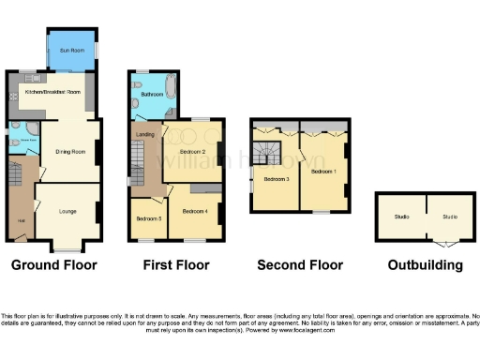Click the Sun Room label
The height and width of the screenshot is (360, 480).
click(70, 49)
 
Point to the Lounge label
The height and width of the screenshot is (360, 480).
click(67, 211)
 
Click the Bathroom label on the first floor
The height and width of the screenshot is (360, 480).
click(153, 95)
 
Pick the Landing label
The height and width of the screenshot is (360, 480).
click(145, 135)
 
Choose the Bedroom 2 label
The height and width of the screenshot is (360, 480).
click(191, 151)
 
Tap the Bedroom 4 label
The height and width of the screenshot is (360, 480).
click(194, 211)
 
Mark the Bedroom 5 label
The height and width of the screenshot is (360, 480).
click(148, 218)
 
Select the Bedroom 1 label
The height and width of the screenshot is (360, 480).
click(323, 172)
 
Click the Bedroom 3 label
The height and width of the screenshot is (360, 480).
click(276, 178)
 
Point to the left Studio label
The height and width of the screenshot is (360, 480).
click(401, 217)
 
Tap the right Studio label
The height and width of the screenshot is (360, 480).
click(450, 217)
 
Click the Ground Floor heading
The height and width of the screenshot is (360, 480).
click(55, 265)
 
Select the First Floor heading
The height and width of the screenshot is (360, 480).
click(175, 265)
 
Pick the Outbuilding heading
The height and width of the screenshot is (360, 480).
click(425, 265)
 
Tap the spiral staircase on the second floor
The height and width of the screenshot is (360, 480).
click(264, 148)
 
